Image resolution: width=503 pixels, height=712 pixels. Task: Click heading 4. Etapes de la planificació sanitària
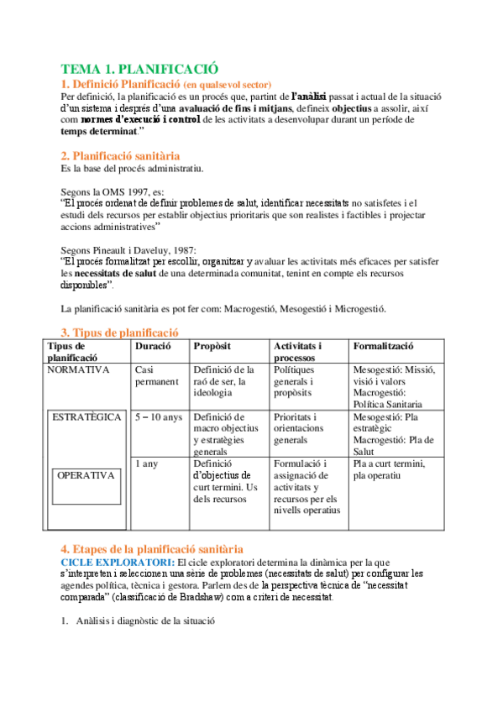click(x=152, y=547)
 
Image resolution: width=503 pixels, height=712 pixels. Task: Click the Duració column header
click(x=153, y=346)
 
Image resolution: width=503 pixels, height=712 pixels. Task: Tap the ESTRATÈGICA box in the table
click(x=86, y=417)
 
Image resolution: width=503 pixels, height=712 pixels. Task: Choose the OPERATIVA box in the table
click(x=86, y=475)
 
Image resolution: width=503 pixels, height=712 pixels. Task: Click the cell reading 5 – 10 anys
click(x=158, y=417)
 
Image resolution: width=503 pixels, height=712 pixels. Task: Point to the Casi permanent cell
click(x=156, y=375)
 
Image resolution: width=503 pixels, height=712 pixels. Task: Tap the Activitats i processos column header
click(x=298, y=352)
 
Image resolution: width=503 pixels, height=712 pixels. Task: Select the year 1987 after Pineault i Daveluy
click(x=180, y=249)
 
